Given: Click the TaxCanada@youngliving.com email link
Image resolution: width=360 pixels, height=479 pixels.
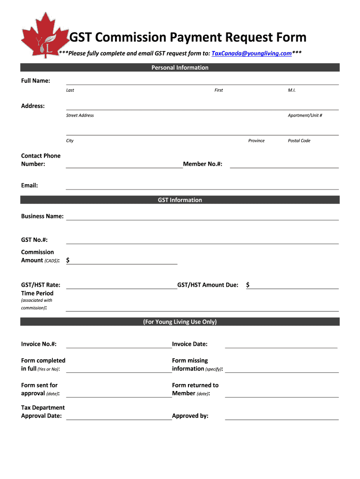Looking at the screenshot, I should coord(252,53).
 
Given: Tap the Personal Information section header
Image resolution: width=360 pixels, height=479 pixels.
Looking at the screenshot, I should coord(180,68).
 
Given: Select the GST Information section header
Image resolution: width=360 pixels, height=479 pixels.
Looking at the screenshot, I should coord(180,200).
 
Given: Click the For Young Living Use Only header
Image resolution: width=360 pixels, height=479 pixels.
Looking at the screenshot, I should coord(180,322).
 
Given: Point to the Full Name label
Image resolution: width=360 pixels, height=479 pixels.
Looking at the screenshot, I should coord(36,81).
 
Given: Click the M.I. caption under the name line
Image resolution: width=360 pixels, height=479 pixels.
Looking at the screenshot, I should coord(292,90).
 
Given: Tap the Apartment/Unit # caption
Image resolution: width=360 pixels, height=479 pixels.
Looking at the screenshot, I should coord(305,116).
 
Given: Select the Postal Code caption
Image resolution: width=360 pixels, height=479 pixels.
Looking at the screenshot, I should coord(299,141).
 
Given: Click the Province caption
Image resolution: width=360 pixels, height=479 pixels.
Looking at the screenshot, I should coord(256,141).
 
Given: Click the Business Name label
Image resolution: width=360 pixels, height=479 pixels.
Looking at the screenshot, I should coord(42,217).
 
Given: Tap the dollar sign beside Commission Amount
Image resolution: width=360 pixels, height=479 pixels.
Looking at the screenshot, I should coord(68,260).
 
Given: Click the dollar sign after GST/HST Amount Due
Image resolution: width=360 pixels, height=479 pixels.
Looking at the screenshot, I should coord(248,285).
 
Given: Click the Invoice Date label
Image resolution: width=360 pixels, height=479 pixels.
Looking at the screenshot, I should coord(189,344).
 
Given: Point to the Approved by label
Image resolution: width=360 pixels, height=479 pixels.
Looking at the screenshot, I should coord(190,416).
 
